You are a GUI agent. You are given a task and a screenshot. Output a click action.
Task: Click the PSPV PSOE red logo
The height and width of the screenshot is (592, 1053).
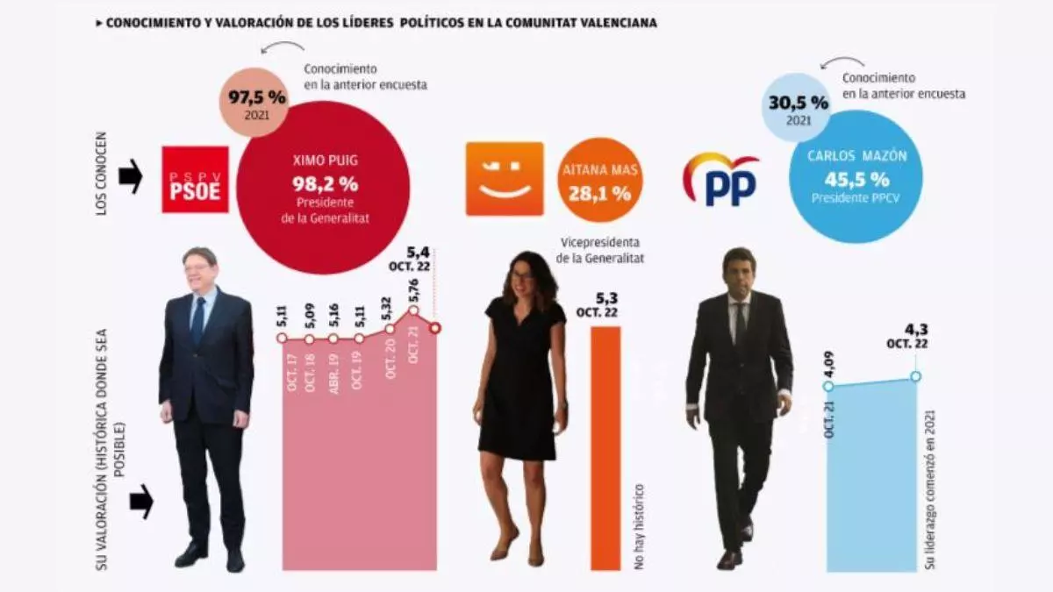[x=195, y=180]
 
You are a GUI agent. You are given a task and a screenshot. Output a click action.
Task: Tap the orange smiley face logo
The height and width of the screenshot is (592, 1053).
[x=504, y=179]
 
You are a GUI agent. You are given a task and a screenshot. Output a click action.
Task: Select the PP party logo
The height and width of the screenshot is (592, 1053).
[x=720, y=179]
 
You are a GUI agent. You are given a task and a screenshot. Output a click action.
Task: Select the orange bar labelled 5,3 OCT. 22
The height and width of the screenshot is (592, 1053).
[x=605, y=447]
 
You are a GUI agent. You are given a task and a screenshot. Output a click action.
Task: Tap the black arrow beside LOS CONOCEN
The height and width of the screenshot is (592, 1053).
[x=131, y=181]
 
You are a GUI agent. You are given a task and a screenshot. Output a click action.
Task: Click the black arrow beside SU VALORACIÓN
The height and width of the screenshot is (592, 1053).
[x=140, y=503]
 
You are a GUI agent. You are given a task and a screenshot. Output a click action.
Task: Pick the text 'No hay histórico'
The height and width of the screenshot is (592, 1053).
[x=641, y=527]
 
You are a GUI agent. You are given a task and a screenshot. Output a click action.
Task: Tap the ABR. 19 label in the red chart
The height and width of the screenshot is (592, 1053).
[x=334, y=372]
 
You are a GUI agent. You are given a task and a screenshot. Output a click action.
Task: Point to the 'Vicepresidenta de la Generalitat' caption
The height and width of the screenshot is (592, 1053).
[x=601, y=250]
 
